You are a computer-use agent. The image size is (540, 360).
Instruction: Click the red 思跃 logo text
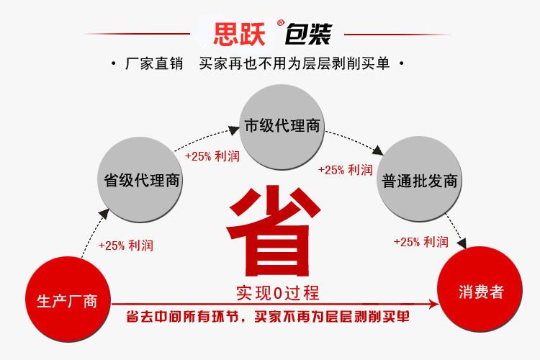pyautogui.click(x=239, y=34)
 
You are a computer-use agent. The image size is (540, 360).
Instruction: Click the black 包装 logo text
pyautogui.click(x=308, y=34)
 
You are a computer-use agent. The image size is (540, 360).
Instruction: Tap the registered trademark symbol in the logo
pyautogui.click(x=281, y=23)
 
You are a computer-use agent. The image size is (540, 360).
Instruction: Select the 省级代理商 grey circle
pyautogui.click(x=140, y=179)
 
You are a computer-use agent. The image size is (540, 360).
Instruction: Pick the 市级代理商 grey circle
pyautogui.click(x=282, y=127)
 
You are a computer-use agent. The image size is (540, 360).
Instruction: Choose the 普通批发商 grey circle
pyautogui.click(x=419, y=179)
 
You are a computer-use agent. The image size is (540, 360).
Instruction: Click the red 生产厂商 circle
pyautogui.click(x=68, y=299)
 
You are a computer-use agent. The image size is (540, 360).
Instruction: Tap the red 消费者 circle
pyautogui.click(x=480, y=289)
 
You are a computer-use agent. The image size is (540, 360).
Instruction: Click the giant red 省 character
pyautogui.click(x=274, y=231)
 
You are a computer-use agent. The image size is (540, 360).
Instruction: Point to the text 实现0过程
pyautogui.click(x=278, y=293)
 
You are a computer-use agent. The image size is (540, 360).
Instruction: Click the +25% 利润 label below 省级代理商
pyautogui.click(x=126, y=246)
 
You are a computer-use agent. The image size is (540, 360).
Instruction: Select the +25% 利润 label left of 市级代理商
pyautogui.click(x=212, y=156)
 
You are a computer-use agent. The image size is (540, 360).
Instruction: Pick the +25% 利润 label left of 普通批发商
pyautogui.click(x=345, y=170)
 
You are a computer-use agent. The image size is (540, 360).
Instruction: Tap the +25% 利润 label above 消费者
pyautogui.click(x=421, y=242)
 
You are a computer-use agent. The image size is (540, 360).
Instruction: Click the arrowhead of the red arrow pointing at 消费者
pyautogui.click(x=433, y=304)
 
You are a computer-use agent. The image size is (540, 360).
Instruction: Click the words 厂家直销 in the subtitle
pyautogui.click(x=154, y=64)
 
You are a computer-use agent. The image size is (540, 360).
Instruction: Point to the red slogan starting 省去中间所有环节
pyautogui.click(x=268, y=317)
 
